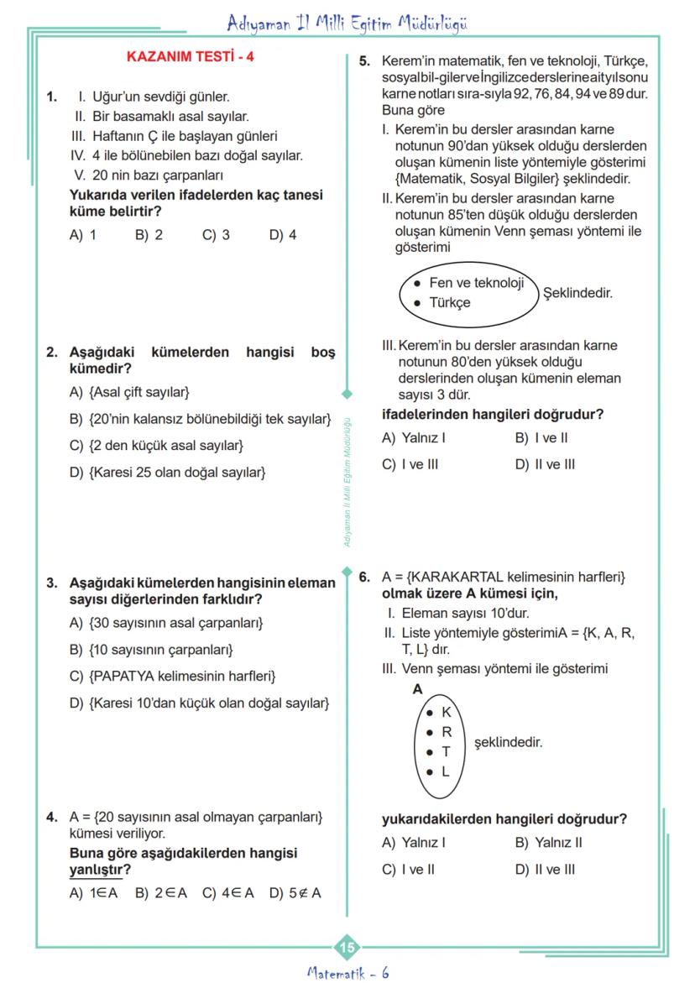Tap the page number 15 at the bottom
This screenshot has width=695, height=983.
[347, 948]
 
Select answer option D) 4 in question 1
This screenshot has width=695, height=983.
[282, 235]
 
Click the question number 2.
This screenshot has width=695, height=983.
[52, 353]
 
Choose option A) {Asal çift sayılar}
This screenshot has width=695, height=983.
[130, 392]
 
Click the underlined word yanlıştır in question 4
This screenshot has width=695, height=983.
[95, 869]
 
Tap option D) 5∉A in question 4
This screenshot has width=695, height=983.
[295, 893]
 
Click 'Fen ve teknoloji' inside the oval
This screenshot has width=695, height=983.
[476, 283]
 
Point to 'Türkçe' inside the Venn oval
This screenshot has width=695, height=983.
[450, 303]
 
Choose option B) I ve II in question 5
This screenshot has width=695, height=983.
[541, 438]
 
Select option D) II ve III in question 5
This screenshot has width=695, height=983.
[545, 464]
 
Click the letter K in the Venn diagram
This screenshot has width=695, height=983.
[446, 712]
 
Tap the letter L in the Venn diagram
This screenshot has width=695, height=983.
[446, 771]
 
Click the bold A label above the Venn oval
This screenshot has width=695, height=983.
[416, 689]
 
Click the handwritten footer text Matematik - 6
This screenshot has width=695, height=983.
[347, 972]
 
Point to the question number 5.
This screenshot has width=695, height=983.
[364, 62]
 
